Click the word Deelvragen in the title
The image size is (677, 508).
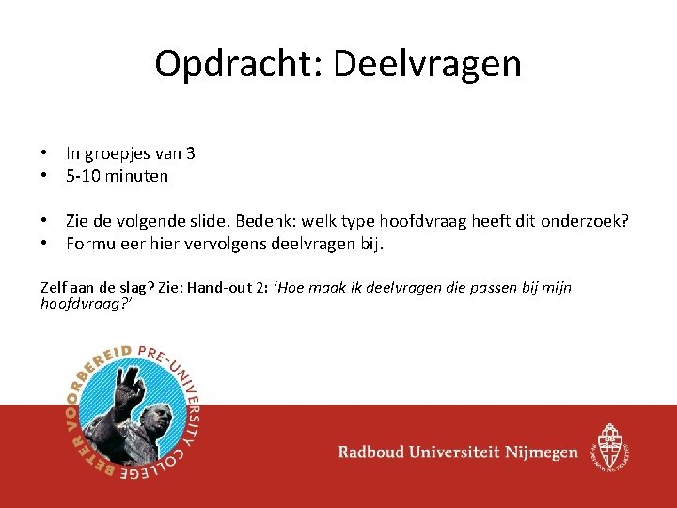point(427,64)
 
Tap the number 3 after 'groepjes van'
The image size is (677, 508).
point(190,153)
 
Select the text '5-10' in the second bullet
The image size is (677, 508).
point(83,176)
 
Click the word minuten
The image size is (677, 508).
point(136,176)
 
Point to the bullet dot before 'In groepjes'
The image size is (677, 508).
point(44,153)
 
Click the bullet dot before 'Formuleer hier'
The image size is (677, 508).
point(44,245)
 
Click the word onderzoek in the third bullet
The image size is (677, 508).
point(584,222)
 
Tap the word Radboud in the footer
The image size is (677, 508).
point(374,452)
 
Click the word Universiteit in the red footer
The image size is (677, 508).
point(454,452)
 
